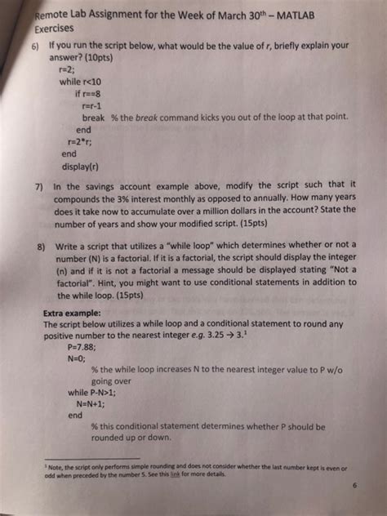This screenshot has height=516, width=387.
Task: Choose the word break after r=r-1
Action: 95,117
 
